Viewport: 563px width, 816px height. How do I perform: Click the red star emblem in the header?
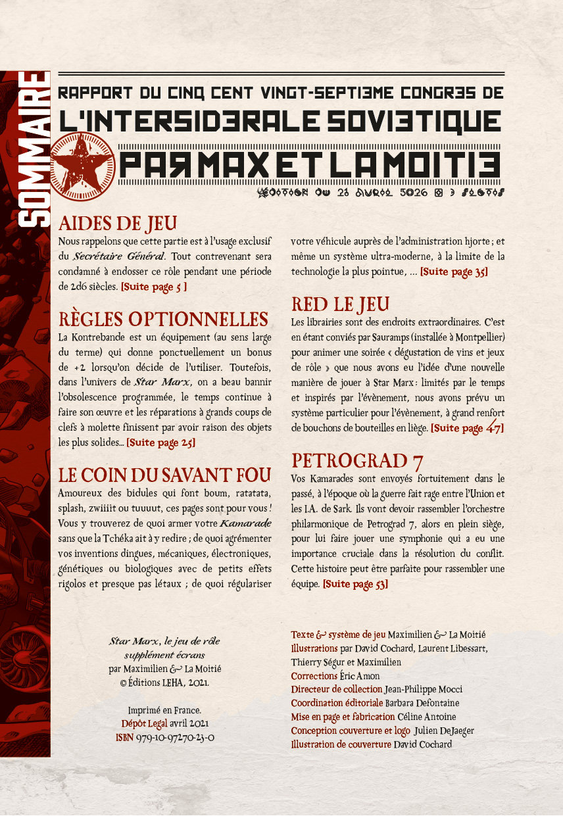coord(84,164)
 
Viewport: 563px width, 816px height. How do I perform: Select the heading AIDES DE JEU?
coord(118,222)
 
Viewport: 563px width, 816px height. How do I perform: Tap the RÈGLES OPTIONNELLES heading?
coord(163,319)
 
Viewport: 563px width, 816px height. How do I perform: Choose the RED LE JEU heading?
coord(340,303)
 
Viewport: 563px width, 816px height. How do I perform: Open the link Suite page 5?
coord(154,287)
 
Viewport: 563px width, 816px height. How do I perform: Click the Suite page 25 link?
coord(160,443)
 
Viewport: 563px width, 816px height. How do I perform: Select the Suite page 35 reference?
coord(454,272)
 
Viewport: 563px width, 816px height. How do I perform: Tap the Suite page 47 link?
coord(467,428)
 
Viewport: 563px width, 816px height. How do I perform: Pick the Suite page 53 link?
coord(355,583)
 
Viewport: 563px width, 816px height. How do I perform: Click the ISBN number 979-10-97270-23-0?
coord(174,738)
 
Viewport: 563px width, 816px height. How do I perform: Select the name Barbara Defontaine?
coord(431,702)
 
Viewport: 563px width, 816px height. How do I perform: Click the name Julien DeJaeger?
coord(444,731)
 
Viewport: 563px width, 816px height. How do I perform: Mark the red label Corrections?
coord(314,675)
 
